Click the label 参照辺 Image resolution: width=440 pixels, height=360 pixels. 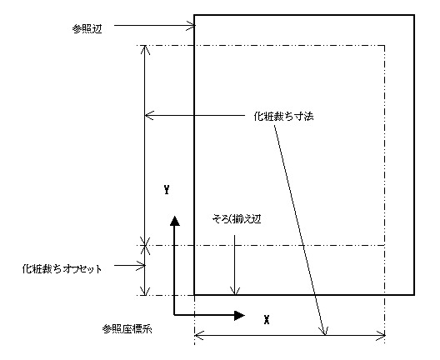[87, 29]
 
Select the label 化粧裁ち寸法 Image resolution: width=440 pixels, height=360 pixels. [283, 116]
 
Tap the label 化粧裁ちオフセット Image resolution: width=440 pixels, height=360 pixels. [62, 269]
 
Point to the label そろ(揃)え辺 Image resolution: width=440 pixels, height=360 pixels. [237, 219]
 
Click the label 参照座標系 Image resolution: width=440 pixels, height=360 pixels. [127, 328]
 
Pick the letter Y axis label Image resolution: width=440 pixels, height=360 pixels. [167, 190]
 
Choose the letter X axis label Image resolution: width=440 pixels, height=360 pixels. [267, 319]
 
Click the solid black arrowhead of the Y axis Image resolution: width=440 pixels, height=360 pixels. [174, 221]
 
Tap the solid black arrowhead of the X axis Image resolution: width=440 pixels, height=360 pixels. [239, 315]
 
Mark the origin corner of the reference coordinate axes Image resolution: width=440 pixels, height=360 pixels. [174, 315]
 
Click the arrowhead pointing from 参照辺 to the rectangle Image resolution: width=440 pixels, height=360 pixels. [191, 26]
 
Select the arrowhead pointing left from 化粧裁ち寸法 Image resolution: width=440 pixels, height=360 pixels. [149, 115]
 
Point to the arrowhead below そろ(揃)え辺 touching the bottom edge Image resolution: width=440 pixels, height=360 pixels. [235, 291]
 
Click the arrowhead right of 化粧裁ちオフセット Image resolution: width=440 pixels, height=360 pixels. [141, 266]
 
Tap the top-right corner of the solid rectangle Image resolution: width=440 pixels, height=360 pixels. [414, 15]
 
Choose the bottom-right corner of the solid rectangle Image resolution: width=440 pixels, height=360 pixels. [414, 295]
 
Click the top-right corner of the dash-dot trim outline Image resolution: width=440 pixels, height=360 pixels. [384, 45]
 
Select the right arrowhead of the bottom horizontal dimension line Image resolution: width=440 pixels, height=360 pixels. [381, 335]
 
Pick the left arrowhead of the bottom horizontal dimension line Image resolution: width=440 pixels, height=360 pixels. [199, 335]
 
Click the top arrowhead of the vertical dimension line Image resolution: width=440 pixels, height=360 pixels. [144, 50]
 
